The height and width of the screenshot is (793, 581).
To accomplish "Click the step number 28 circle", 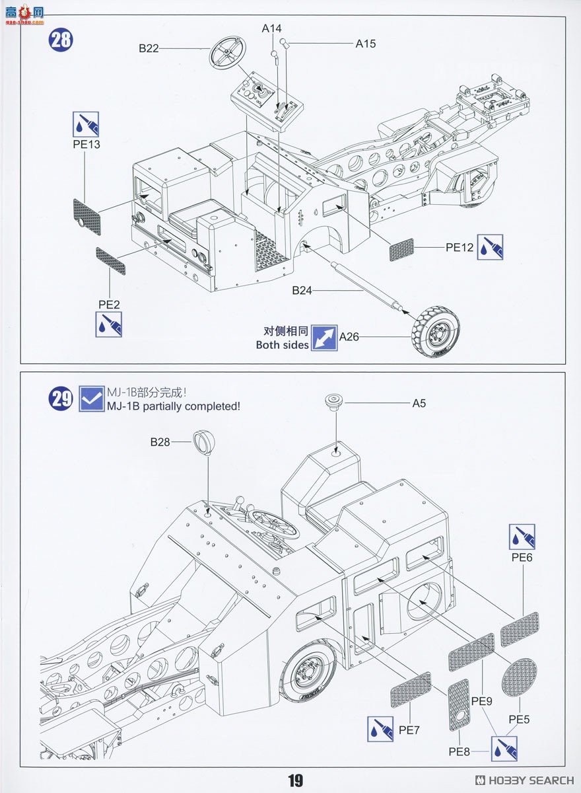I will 61,40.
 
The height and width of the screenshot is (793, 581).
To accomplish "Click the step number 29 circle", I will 61,399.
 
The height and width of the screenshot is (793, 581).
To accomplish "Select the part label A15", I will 365,44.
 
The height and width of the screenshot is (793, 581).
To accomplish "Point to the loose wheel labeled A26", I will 436,332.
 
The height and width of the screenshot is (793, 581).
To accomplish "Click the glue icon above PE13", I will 86,124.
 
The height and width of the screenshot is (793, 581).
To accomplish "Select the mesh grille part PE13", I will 88,217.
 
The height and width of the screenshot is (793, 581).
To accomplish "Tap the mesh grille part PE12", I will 401,250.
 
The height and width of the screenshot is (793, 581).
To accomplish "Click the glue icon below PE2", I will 109,324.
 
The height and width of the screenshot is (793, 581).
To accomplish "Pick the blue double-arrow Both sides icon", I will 324,338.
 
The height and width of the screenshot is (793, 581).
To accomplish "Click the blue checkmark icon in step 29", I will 91,398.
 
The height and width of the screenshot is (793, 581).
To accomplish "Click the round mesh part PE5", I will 519,677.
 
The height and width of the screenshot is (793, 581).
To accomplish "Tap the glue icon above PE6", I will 522,537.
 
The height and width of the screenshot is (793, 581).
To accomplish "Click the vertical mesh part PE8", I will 459,704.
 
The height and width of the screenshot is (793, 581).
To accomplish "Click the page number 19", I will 295,780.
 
